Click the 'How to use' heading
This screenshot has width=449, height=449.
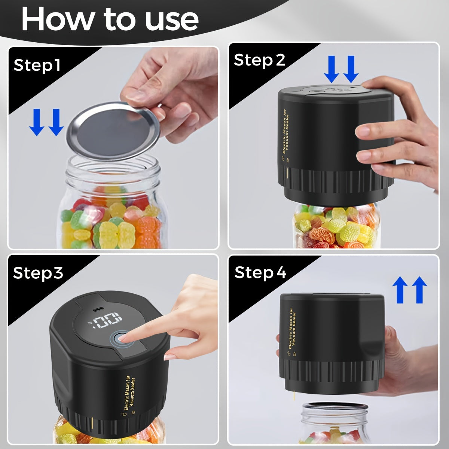[110, 19]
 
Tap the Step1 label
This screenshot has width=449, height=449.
[37, 65]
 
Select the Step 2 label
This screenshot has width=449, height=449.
[260, 60]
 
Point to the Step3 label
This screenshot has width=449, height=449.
[38, 273]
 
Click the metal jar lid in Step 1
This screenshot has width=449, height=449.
[113, 131]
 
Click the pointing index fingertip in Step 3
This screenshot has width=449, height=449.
[122, 338]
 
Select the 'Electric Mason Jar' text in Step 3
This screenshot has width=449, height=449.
[127, 393]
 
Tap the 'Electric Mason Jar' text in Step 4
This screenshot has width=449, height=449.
[291, 328]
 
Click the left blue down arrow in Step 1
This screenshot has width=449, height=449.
[37, 122]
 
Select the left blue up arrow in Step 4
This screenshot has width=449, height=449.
[400, 290]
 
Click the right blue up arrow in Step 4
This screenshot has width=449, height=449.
[419, 290]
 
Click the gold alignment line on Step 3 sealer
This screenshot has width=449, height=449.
[92, 422]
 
